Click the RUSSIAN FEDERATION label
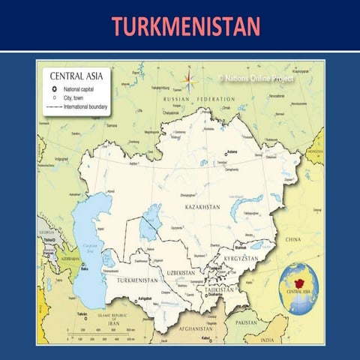[x=188, y=99]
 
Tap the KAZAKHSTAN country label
[x=202, y=205]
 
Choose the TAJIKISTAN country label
[x=219, y=289]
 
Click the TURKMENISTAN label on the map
[x=137, y=280]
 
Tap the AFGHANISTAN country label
[x=196, y=328]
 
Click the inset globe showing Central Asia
[x=298, y=288]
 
